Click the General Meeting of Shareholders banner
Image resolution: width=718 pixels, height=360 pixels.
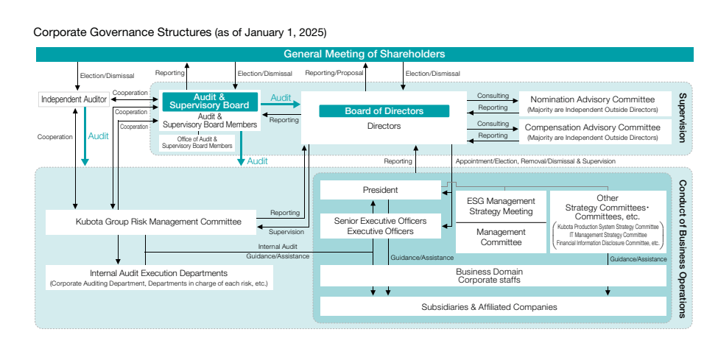[365, 54]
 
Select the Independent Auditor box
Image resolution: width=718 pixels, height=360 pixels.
[74, 99]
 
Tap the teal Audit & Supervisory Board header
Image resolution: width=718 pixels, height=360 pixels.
[210, 102]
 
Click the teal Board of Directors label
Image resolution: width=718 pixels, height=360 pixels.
[384, 111]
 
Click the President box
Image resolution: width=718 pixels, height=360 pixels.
[380, 190]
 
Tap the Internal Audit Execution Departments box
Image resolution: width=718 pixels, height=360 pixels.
[158, 278]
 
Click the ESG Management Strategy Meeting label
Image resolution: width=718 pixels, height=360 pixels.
[501, 206]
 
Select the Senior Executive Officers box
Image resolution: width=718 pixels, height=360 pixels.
[380, 226]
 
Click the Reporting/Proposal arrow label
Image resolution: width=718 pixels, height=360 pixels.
[334, 74]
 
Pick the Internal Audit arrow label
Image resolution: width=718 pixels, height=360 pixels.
[278, 246]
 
